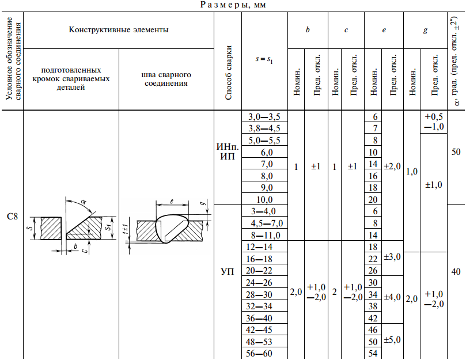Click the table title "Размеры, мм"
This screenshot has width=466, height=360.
point(233,5)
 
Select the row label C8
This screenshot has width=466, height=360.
point(12,217)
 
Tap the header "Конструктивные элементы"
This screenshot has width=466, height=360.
point(119,30)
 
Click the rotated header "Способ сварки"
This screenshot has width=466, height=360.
point(228,73)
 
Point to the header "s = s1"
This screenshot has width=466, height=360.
point(264,59)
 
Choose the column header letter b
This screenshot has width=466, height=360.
point(308,30)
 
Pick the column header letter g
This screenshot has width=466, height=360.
point(425,31)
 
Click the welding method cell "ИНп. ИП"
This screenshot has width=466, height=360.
point(228,151)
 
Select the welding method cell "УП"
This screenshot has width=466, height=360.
point(228,271)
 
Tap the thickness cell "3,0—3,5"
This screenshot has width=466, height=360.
point(264,116)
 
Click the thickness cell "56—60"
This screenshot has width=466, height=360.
point(259,354)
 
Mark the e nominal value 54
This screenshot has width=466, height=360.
point(373,354)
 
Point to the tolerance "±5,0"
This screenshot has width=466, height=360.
point(392,339)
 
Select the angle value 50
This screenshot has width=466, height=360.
point(456,152)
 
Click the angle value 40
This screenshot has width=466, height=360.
point(456,271)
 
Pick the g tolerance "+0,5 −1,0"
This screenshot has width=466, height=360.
point(434,122)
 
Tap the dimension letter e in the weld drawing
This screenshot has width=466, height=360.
point(172,202)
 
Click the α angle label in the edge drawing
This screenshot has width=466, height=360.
point(84,202)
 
